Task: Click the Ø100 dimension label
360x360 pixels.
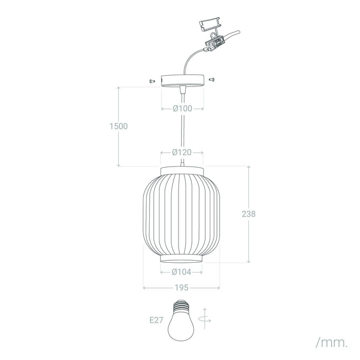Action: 182,109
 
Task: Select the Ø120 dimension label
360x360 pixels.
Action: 182,152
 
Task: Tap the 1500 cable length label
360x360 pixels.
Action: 118,127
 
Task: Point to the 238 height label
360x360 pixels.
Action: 248,214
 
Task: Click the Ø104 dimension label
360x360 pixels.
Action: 182,272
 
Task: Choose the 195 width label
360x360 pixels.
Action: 182,287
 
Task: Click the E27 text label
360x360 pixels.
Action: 156,320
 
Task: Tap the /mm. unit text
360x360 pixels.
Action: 332,343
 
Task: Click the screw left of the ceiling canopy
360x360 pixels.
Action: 152,81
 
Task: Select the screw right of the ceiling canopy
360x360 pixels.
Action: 212,80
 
